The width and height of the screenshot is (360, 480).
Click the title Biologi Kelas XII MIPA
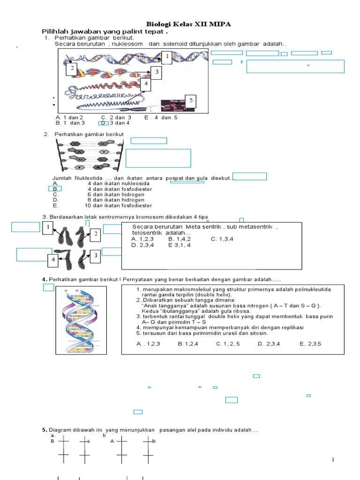[188, 24]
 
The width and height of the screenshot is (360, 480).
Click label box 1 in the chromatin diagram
[166, 57]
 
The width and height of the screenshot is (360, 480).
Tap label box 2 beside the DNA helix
[72, 69]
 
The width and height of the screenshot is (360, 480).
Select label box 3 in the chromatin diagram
[156, 73]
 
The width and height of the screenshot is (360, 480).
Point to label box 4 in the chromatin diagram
[146, 84]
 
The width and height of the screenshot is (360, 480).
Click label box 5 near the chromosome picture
[190, 101]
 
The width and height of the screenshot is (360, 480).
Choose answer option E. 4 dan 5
[161, 117]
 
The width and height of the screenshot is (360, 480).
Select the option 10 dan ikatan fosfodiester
[118, 205]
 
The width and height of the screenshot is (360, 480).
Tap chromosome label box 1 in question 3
[48, 228]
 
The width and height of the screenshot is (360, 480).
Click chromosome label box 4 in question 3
[53, 259]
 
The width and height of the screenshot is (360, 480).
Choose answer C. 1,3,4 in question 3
[222, 239]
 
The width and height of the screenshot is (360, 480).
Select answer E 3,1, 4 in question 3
[179, 245]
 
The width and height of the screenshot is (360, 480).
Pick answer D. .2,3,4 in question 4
[269, 344]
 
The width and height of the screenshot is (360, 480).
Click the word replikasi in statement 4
[292, 327]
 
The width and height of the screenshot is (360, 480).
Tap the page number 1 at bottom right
[333, 460]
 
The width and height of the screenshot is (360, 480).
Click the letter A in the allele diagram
[112, 441]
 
